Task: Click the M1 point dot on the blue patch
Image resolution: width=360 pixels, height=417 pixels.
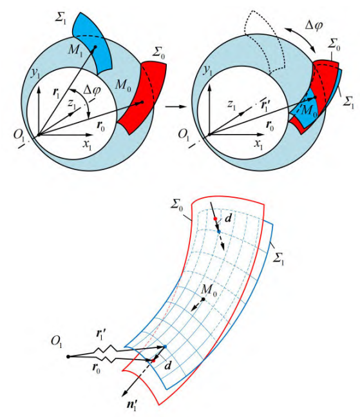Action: pyautogui.click(x=95, y=47)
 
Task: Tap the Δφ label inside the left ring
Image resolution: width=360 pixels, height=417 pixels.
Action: pyautogui.click(x=91, y=90)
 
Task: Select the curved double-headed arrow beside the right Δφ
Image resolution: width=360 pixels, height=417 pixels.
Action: pyautogui.click(x=301, y=38)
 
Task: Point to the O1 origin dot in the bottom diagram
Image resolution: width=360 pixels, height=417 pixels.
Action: pyautogui.click(x=68, y=356)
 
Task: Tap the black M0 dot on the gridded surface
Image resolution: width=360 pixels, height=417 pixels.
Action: pyautogui.click(x=203, y=299)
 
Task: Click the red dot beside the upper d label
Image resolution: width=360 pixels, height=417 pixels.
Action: pyautogui.click(x=216, y=218)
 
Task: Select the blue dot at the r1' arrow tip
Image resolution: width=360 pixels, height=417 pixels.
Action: pyautogui.click(x=165, y=347)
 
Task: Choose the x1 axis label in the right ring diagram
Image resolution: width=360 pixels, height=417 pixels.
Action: pyautogui.click(x=258, y=144)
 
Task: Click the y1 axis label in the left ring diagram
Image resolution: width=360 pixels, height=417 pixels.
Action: pyautogui.click(x=35, y=73)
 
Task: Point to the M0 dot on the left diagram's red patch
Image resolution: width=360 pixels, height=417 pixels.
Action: pyautogui.click(x=142, y=102)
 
